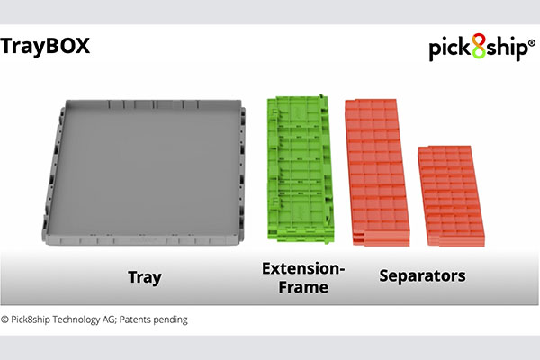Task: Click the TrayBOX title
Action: click(x=45, y=47)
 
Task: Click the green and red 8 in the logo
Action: click(x=479, y=46)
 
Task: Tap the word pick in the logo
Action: click(x=450, y=49)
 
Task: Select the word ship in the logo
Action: click(x=506, y=49)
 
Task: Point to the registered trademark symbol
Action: click(x=532, y=43)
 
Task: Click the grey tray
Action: click(x=144, y=172)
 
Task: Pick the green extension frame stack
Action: click(x=301, y=169)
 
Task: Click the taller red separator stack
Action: click(x=377, y=173)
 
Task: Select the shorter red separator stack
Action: click(x=451, y=196)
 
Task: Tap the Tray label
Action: click(x=145, y=277)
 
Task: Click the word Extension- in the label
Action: click(x=303, y=269)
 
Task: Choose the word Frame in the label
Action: click(x=303, y=287)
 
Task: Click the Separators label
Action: click(x=423, y=276)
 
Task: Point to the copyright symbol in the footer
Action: click(x=4, y=319)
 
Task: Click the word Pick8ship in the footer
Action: click(x=31, y=319)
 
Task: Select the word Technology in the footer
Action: click(x=76, y=320)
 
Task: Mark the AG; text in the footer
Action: click(x=110, y=320)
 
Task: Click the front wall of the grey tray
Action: click(x=142, y=240)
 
